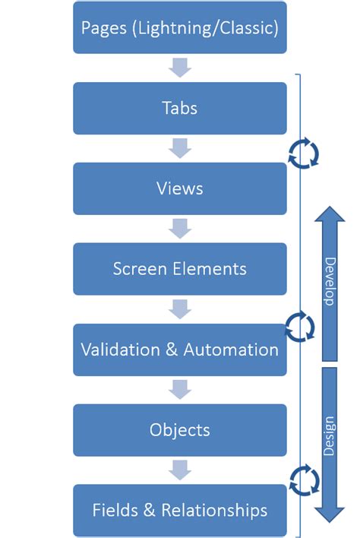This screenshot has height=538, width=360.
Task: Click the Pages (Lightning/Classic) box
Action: click(x=180, y=28)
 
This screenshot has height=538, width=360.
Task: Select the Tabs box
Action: click(x=180, y=108)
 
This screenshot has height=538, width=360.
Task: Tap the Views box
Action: click(x=180, y=188)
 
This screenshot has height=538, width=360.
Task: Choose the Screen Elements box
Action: click(x=180, y=269)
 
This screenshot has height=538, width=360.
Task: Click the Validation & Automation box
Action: click(x=180, y=350)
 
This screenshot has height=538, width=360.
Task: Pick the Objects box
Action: click(x=180, y=430)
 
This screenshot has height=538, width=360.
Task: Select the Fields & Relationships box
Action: click(x=180, y=511)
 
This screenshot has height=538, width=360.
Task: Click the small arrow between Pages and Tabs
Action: click(x=180, y=68)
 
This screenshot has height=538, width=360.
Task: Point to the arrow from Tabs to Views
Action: click(x=180, y=148)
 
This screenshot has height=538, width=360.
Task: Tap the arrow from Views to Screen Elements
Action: click(x=180, y=229)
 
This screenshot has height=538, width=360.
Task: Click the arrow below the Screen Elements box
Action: click(x=180, y=309)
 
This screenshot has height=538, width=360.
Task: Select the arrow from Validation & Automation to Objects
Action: click(x=180, y=390)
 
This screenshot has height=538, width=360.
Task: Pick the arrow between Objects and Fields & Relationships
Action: click(x=180, y=470)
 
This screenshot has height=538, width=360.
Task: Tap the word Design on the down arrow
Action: click(x=330, y=436)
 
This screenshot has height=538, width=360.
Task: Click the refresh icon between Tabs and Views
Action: click(x=304, y=152)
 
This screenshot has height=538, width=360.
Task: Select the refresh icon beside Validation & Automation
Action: click(x=300, y=327)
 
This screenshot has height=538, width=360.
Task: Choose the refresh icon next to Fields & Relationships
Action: click(x=304, y=480)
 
